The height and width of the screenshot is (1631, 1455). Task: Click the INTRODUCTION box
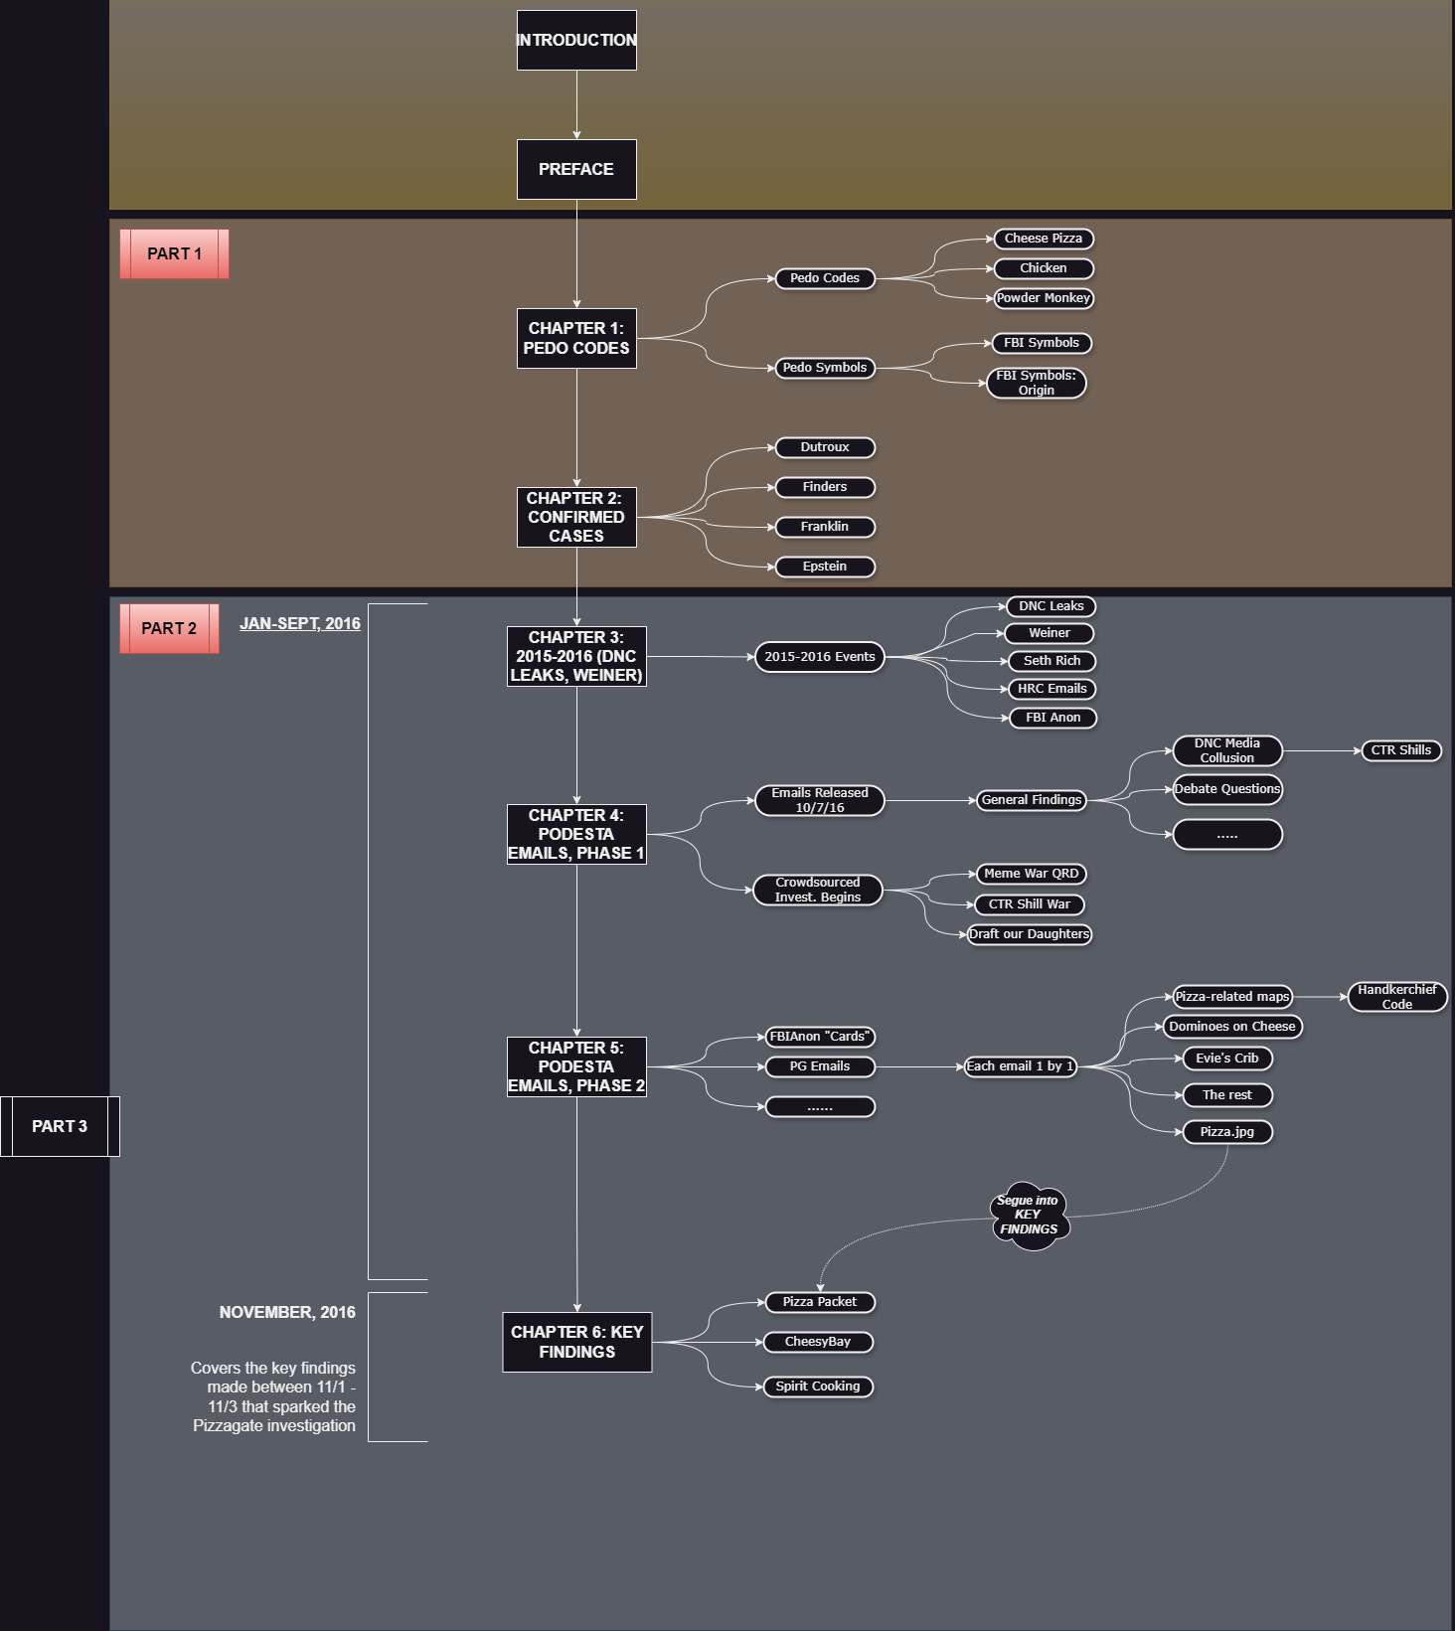pyautogui.click(x=576, y=41)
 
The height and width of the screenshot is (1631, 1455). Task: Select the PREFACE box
pyautogui.click(x=576, y=169)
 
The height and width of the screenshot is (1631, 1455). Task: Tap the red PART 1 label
pyautogui.click(x=174, y=253)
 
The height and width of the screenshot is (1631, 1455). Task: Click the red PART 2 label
pyautogui.click(x=169, y=628)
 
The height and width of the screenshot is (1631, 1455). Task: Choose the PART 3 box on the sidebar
pyautogui.click(x=60, y=1126)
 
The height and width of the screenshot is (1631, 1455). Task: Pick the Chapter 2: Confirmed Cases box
pyautogui.click(x=576, y=517)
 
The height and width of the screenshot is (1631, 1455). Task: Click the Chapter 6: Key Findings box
pyautogui.click(x=576, y=1342)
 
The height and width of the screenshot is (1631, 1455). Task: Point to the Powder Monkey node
pyautogui.click(x=1044, y=298)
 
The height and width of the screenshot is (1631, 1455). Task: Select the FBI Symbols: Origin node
pyautogui.click(x=1037, y=383)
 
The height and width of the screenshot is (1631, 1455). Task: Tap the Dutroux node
pyautogui.click(x=825, y=447)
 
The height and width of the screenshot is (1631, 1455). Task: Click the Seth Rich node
pyautogui.click(x=1051, y=661)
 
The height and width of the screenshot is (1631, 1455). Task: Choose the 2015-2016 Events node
pyautogui.click(x=819, y=657)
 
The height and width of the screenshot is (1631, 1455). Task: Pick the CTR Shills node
pyautogui.click(x=1400, y=750)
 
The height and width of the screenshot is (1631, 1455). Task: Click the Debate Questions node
pyautogui.click(x=1227, y=789)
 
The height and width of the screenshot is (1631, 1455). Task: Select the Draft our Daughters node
pyautogui.click(x=1029, y=934)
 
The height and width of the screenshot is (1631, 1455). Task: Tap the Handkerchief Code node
pyautogui.click(x=1396, y=997)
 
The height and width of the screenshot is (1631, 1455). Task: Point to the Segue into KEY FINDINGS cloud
pyautogui.click(x=1029, y=1215)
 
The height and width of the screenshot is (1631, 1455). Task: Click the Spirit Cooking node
pyautogui.click(x=818, y=1386)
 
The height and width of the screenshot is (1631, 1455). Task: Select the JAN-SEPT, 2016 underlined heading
pyautogui.click(x=300, y=624)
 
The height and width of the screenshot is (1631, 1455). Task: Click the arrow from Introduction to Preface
pyautogui.click(x=576, y=104)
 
